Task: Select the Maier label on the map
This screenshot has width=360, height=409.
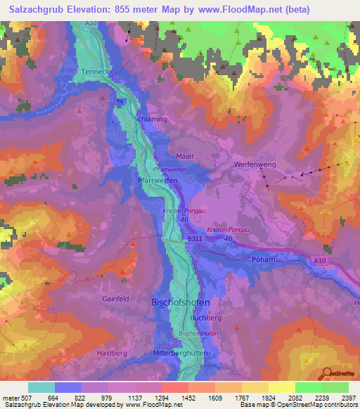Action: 185,156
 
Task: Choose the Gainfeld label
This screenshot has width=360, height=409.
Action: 116,298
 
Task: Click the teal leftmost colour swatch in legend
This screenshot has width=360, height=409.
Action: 41,387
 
